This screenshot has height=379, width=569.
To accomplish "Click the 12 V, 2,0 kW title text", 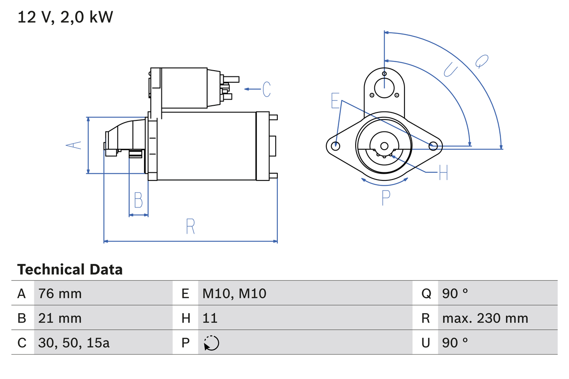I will click(65, 17).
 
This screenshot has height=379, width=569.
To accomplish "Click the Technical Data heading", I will click(70, 270).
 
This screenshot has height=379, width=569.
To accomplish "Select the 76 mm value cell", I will click(60, 294).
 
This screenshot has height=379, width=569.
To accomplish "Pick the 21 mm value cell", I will click(60, 318).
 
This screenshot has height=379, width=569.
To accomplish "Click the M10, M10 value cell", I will click(234, 294).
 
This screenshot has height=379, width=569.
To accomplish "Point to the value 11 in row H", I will click(210, 318).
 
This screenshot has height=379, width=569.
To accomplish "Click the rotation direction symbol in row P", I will click(211, 343).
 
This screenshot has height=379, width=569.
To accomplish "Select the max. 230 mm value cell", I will click(485, 318).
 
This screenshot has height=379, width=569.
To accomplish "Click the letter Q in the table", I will click(426, 294).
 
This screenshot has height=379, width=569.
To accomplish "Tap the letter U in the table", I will click(426, 343).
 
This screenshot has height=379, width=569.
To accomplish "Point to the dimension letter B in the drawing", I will click(138, 200).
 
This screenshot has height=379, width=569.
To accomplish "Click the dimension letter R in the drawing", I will click(190, 227).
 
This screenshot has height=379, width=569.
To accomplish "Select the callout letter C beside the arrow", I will click(266, 89).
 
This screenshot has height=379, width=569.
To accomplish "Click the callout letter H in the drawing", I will click(443, 173).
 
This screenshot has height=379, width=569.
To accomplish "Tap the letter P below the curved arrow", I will click(385, 197).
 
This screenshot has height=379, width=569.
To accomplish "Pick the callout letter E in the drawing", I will click(335, 101).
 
